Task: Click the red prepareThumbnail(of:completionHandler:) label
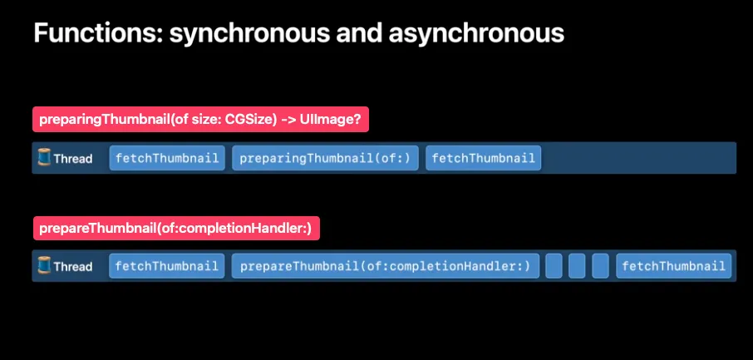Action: [175, 228]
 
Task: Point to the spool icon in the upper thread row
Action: [45, 157]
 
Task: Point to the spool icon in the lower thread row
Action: [45, 266]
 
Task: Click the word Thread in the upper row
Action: [73, 158]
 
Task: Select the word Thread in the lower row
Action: [73, 267]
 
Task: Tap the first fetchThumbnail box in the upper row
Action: [167, 158]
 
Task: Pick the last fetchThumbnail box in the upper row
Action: [484, 158]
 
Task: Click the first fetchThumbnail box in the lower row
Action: [167, 266]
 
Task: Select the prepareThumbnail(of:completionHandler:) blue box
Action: [385, 266]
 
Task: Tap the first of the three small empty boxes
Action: [554, 266]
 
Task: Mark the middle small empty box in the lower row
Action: [577, 266]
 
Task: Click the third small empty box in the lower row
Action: [600, 266]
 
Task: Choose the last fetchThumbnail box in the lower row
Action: [673, 266]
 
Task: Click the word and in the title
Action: [356, 34]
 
